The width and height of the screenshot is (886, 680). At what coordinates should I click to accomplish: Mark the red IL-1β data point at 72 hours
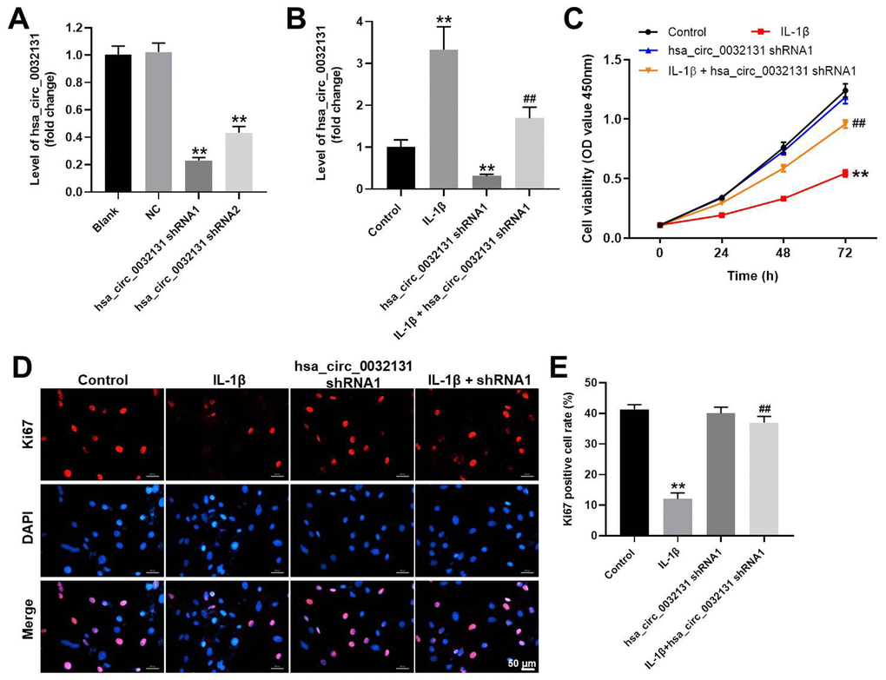(x=844, y=174)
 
